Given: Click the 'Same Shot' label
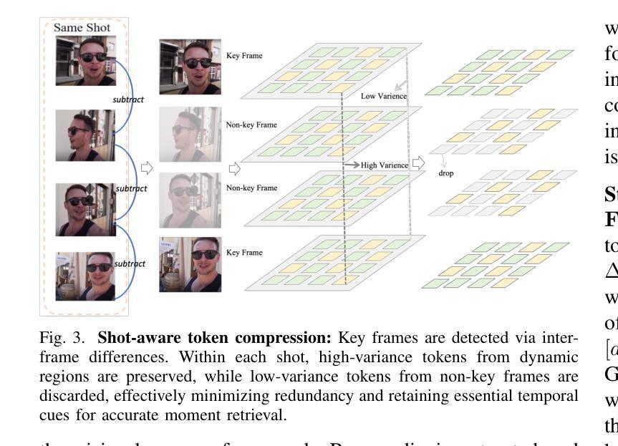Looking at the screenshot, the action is point(81,28).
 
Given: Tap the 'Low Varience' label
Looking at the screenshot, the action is point(383,95).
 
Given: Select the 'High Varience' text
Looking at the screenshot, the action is point(384,165).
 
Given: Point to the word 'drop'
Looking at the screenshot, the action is point(445,173).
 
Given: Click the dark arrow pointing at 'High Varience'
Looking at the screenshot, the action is point(350,165).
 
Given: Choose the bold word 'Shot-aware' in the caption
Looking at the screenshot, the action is point(129,338).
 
